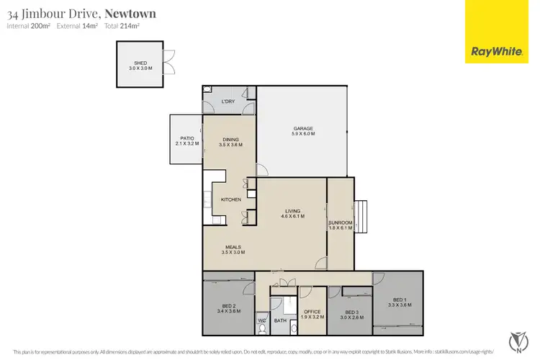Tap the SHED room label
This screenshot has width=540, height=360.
(140, 66)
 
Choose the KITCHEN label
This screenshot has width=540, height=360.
(230, 199)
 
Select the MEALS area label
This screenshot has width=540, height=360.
(234, 250)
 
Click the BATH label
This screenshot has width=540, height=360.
(280, 320)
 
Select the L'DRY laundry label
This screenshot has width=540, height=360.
(228, 102)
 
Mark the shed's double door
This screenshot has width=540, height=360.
(168, 63)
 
